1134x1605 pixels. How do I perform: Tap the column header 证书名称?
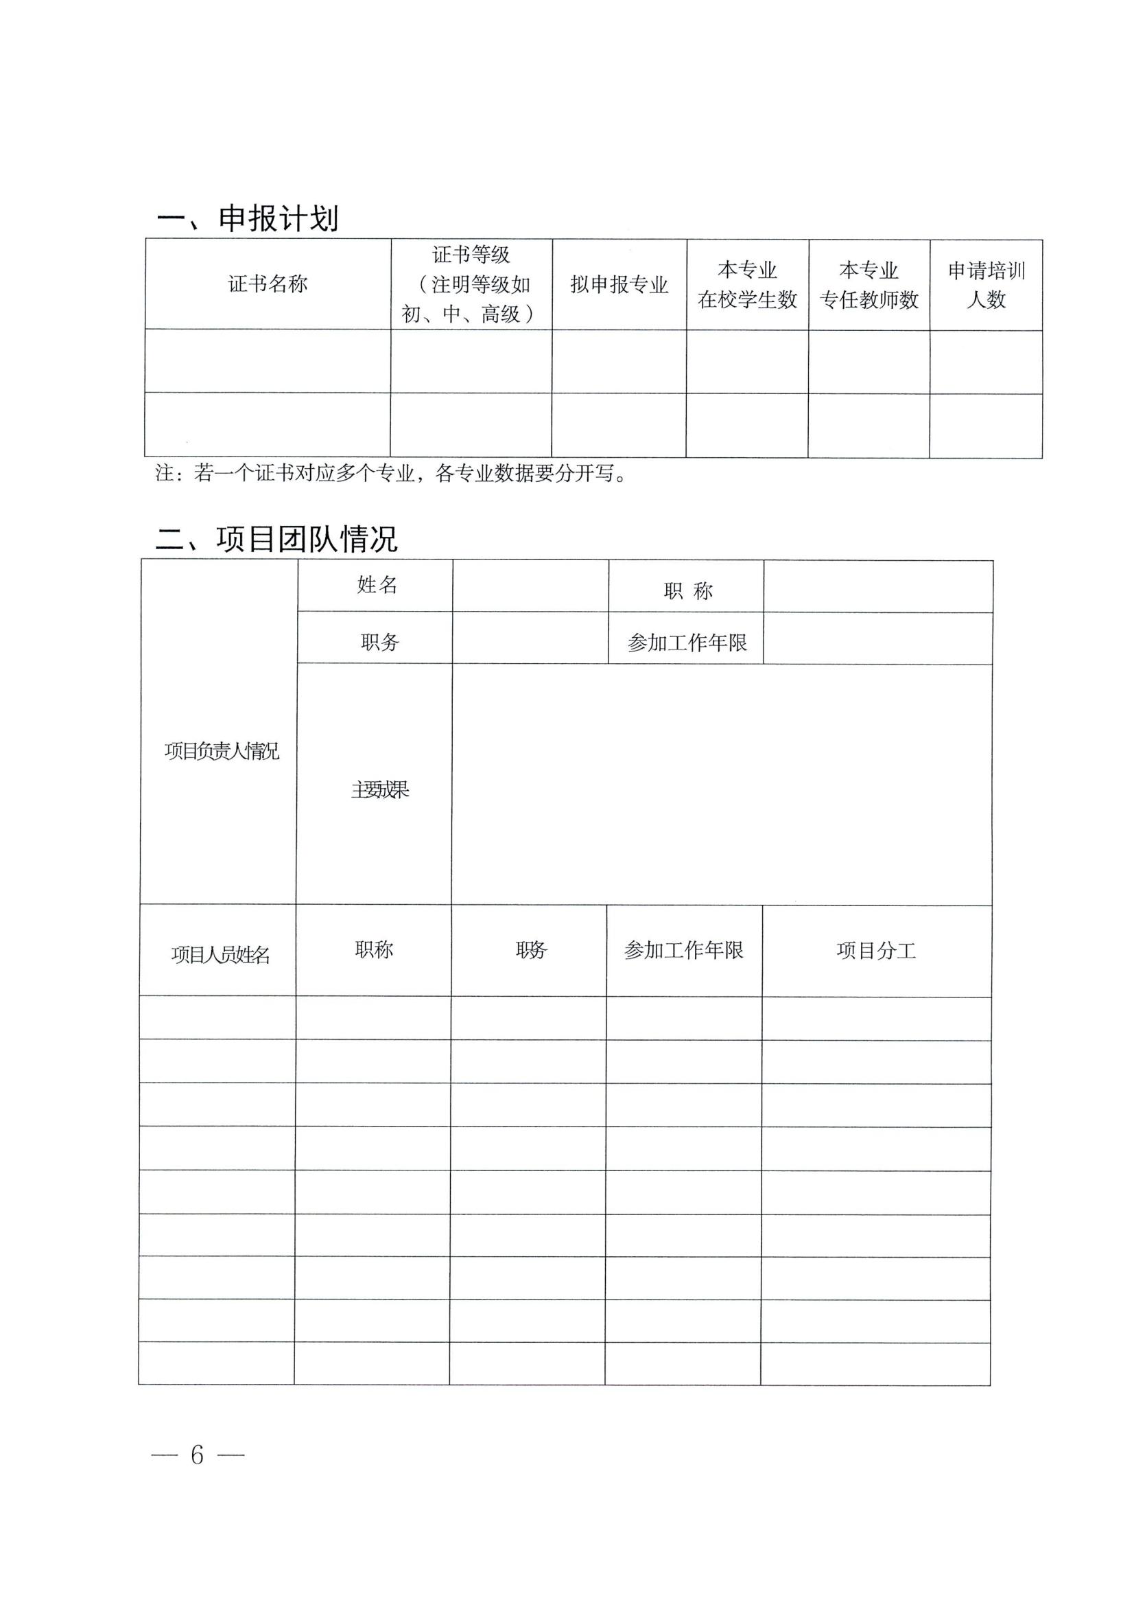tap(268, 284)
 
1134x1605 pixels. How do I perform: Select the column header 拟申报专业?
tap(619, 284)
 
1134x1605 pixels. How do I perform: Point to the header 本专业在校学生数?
tap(747, 284)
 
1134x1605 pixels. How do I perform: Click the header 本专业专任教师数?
tap(869, 284)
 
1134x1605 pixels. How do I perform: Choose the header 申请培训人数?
tap(986, 284)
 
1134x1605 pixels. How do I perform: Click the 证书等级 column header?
tap(471, 284)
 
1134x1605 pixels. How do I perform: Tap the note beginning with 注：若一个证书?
tap(391, 473)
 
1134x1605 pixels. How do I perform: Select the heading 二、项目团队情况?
tap(276, 539)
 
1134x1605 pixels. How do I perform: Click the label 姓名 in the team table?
tap(377, 584)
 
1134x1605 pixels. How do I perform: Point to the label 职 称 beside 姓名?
tap(687, 591)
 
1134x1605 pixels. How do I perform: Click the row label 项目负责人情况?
tap(222, 751)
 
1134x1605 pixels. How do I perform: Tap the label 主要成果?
tap(379, 790)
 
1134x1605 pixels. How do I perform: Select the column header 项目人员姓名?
tap(220, 954)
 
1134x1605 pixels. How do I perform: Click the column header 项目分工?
tap(875, 950)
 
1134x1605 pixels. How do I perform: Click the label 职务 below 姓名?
tap(379, 642)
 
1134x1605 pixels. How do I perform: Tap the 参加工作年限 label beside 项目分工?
tap(683, 950)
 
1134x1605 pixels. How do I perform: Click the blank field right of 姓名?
tap(530, 586)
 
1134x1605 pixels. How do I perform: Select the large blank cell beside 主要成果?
tap(721, 783)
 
